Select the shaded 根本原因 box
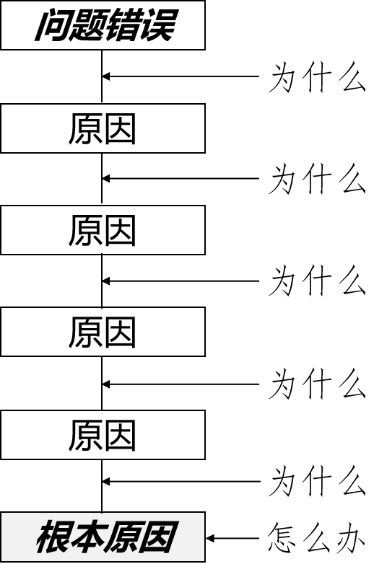pos(103,537)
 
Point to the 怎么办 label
pos(316,539)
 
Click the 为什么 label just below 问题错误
pos(317,77)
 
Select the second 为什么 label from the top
pos(317,179)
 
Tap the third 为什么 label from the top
pos(317,281)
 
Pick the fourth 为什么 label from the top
pos(317,384)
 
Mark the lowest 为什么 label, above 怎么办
pos(317,481)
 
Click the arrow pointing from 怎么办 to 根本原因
pos(232,539)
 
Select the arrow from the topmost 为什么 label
pos(181,76)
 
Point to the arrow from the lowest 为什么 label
pos(181,481)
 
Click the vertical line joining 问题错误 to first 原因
pos(102,76)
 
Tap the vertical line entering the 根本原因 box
pos(102,486)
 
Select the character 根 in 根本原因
pos(53,537)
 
